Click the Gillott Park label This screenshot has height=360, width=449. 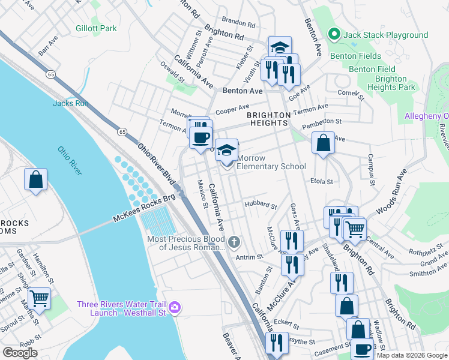96,28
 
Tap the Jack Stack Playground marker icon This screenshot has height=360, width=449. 335,35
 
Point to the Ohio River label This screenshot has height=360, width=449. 70,161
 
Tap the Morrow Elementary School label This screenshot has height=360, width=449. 271,162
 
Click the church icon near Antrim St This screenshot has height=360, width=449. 234,242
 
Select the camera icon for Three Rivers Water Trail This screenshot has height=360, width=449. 175,308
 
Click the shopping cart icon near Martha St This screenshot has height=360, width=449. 39,298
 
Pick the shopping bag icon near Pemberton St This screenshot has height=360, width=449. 323,143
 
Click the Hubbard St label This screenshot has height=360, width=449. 260,205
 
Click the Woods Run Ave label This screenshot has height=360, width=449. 391,192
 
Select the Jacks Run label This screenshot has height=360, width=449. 71,103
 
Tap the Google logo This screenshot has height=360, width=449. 20,353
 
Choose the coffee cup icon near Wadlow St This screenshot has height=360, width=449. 362,349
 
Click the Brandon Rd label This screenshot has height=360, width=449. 238,23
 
